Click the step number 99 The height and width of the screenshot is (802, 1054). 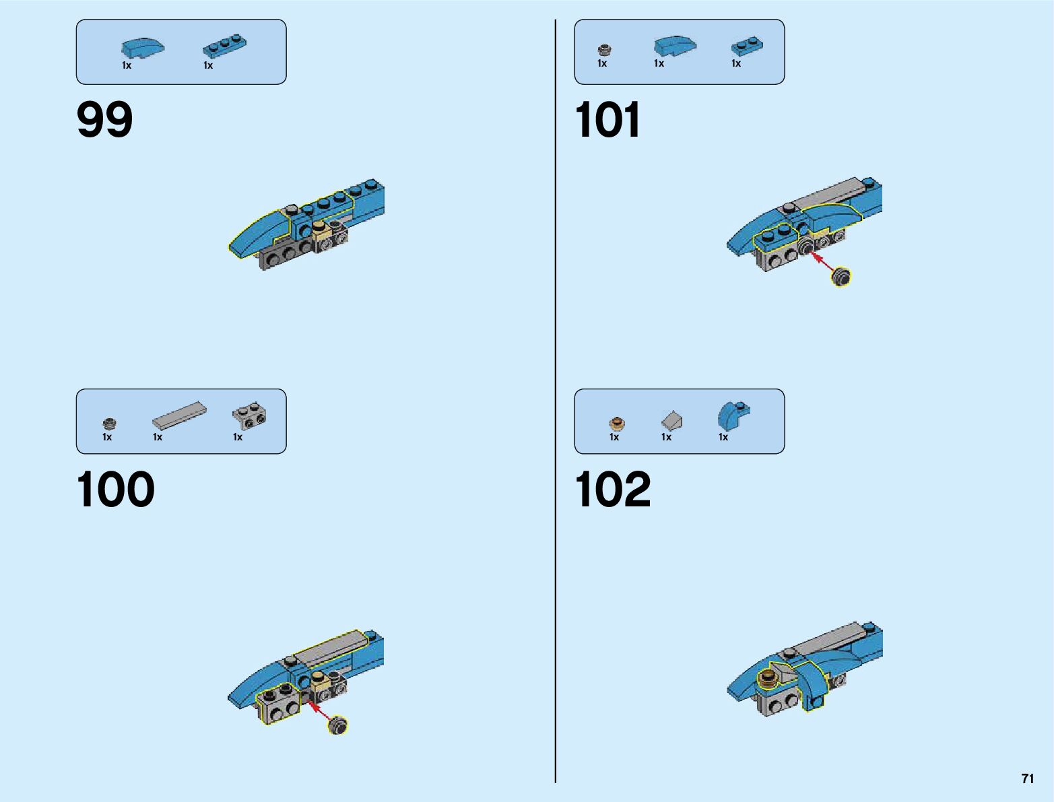point(104,121)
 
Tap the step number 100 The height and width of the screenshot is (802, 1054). point(115,490)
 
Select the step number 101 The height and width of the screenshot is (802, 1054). point(607,121)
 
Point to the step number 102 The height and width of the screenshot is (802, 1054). point(612,490)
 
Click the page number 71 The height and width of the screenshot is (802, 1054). point(1027,778)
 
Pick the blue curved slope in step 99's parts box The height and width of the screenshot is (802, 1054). point(142,47)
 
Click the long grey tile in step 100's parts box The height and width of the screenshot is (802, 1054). point(179,415)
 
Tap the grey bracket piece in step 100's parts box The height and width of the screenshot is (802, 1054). point(249,417)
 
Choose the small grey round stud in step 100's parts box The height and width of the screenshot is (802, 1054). point(109,424)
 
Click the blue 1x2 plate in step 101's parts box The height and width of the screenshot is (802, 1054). point(747,46)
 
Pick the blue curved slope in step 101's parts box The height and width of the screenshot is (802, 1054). point(675,45)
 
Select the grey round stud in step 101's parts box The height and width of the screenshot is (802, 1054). point(605,49)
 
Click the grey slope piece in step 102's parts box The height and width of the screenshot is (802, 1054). point(671,421)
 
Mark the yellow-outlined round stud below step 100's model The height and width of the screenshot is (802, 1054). point(338,725)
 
